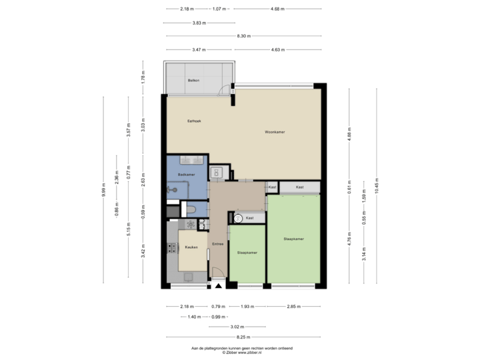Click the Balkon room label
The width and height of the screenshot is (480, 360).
194,79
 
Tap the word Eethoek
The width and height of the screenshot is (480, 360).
194,121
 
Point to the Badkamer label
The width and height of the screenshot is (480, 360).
186,175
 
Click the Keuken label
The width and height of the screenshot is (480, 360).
191,247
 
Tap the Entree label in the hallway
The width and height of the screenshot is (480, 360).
217,244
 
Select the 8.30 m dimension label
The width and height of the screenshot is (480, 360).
243,35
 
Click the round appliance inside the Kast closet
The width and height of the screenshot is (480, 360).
237,217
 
